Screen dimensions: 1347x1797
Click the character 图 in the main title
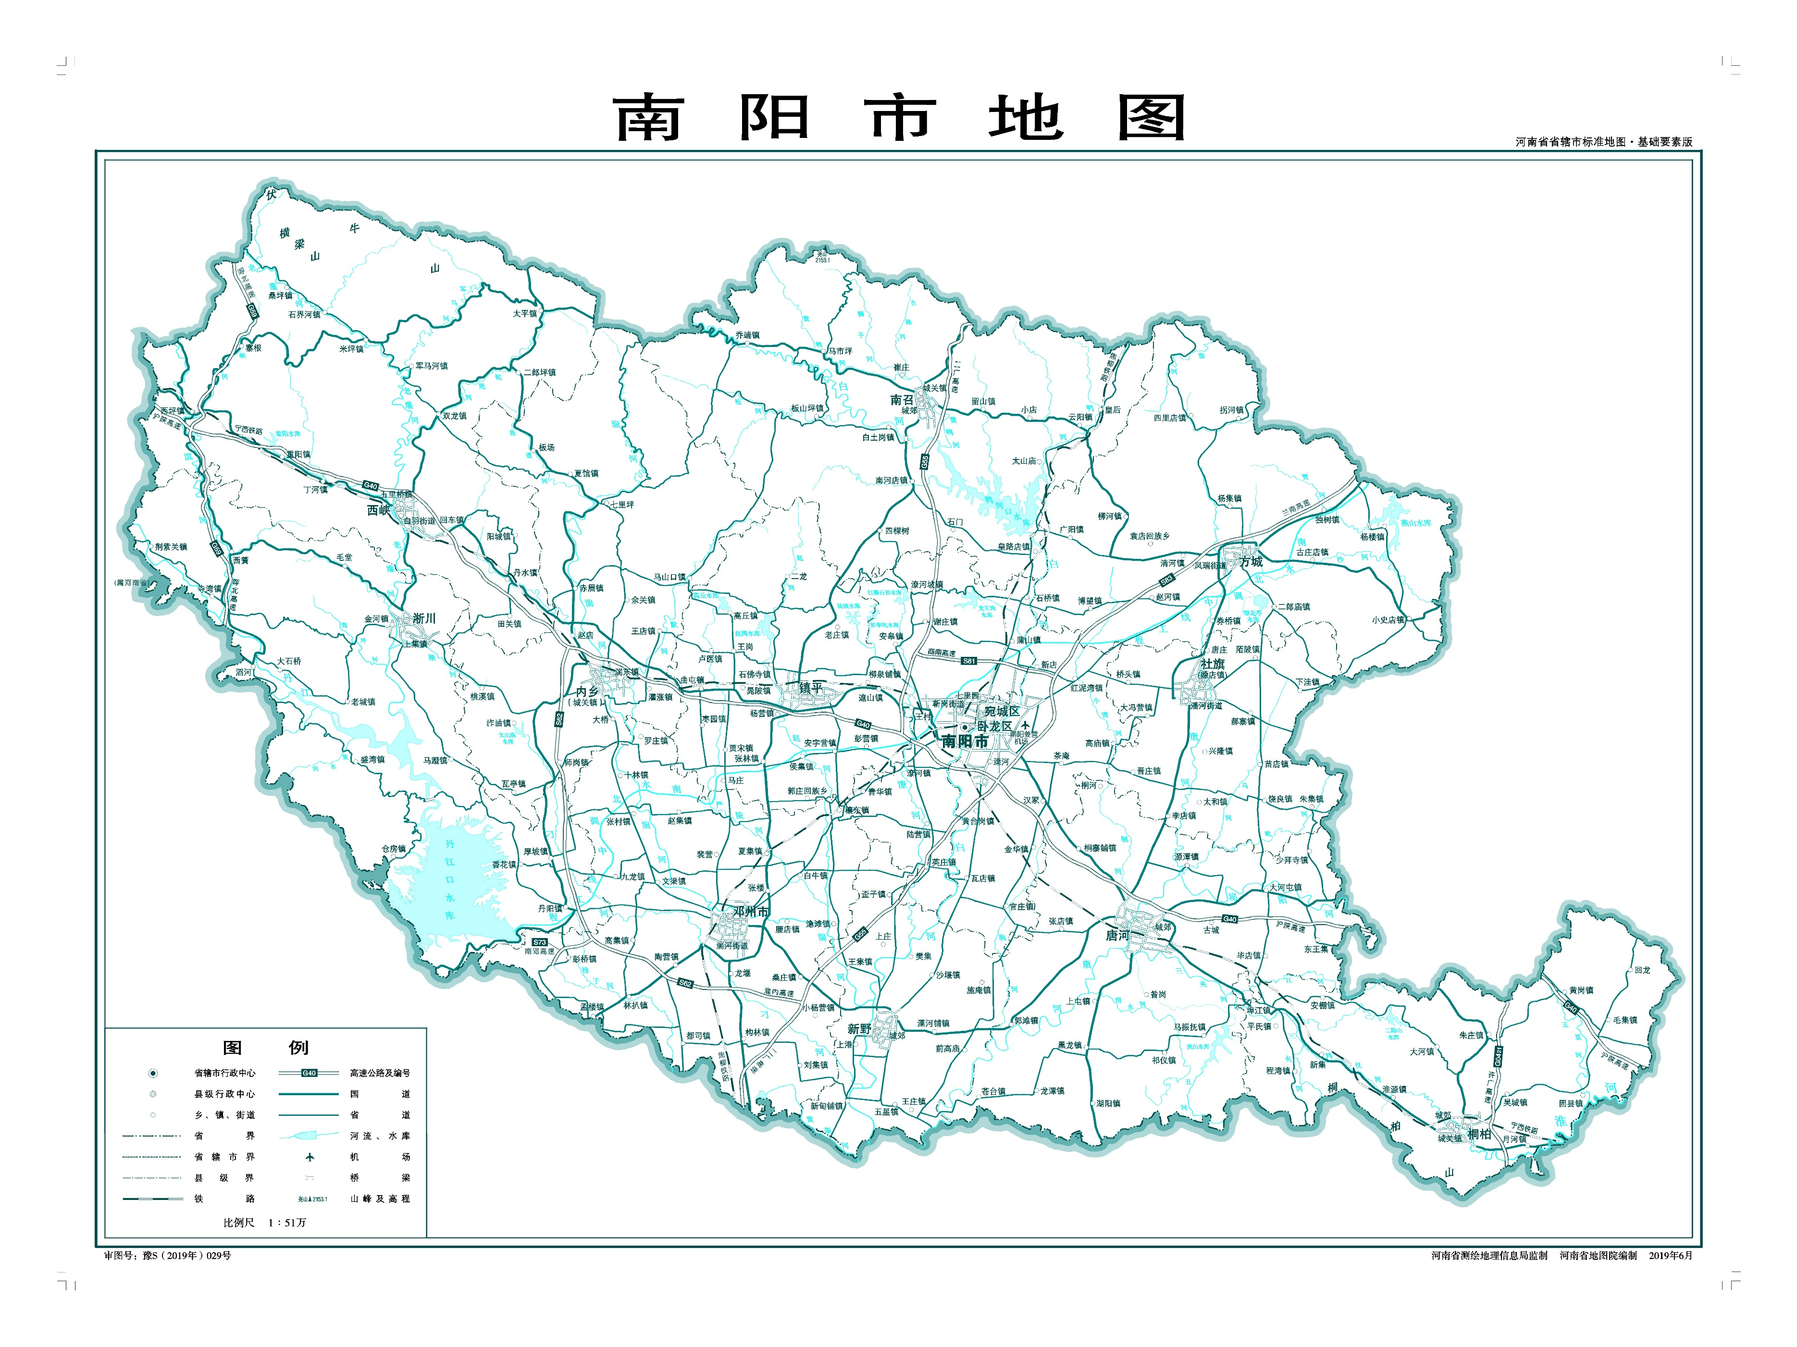(1151, 119)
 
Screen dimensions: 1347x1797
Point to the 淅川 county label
(424, 618)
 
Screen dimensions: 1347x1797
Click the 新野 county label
(859, 1028)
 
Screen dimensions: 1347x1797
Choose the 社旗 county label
(1212, 664)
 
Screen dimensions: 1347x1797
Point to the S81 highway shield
(968, 661)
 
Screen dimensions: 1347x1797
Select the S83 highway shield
(1166, 580)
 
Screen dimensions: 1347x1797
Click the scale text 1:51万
(287, 1223)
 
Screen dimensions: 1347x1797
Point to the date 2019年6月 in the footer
(1670, 1255)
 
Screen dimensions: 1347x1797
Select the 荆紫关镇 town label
(171, 547)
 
